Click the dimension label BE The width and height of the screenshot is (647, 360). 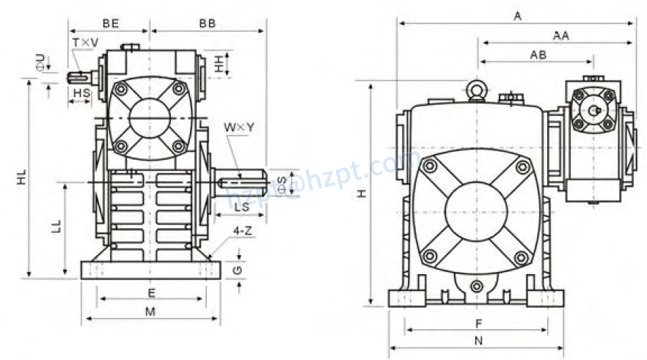[111, 23]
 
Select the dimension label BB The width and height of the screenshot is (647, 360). [208, 23]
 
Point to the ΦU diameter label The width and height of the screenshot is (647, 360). [40, 60]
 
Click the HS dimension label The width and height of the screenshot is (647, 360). [81, 93]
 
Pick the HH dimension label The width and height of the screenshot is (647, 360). [219, 64]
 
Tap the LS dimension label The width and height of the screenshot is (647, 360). [239, 208]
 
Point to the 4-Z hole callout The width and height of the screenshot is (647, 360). [244, 231]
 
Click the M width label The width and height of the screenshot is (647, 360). [150, 312]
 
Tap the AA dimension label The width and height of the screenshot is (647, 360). [561, 34]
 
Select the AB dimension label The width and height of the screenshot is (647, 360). [537, 55]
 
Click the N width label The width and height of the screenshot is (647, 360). [478, 340]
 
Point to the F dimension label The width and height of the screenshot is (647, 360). [478, 322]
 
